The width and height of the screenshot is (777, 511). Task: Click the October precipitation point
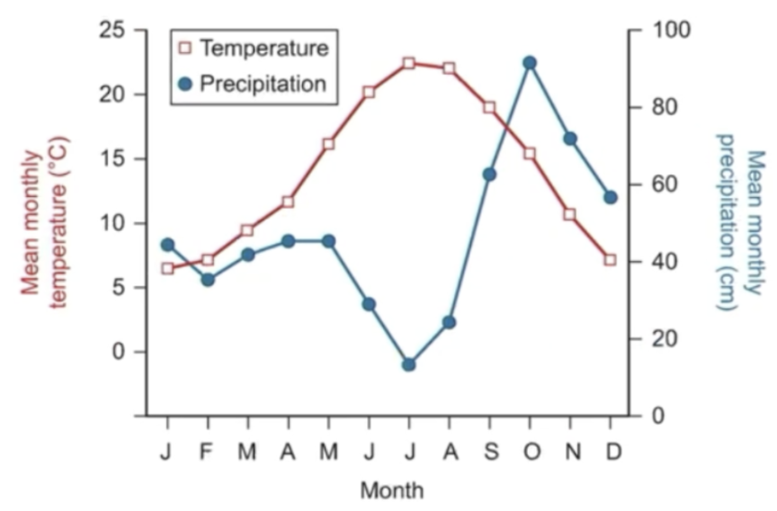click(x=530, y=63)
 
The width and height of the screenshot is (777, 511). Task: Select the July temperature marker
click(x=409, y=63)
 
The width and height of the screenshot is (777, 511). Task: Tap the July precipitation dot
click(x=409, y=364)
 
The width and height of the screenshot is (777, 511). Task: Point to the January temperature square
click(x=167, y=268)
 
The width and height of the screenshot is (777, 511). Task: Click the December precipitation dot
click(x=611, y=197)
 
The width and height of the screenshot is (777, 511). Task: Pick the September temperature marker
click(x=489, y=108)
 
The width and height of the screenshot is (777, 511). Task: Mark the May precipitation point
click(x=328, y=241)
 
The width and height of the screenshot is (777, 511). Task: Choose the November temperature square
click(x=569, y=214)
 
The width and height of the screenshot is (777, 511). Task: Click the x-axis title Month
click(x=391, y=490)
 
